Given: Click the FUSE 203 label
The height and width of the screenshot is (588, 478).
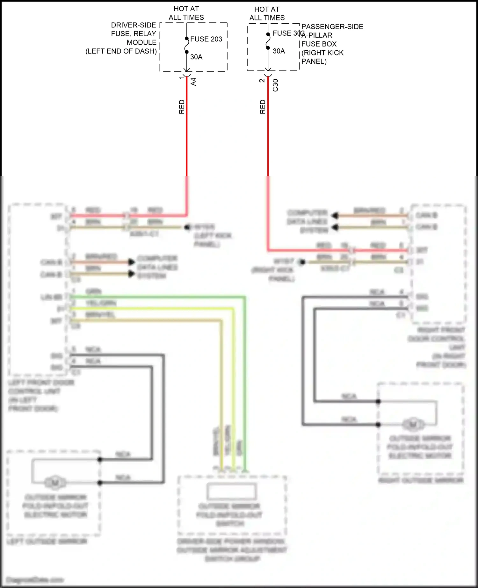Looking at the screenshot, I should (x=206, y=39).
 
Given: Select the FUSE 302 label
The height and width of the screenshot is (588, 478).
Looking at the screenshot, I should (x=288, y=33).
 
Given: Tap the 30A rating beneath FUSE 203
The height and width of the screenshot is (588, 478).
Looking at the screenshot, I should (x=196, y=57).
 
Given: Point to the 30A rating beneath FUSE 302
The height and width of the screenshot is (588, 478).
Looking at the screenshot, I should (x=279, y=51).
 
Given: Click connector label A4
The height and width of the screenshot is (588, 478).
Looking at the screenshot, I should (x=193, y=82).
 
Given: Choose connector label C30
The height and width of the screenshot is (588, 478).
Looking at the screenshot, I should (x=276, y=85).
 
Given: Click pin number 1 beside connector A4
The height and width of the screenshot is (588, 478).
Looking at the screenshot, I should (x=182, y=77).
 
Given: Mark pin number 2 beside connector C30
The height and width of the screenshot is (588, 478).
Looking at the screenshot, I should (x=262, y=81).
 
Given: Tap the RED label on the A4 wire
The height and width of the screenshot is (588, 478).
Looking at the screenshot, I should (x=182, y=107).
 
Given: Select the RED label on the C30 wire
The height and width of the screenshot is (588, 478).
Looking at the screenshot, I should (x=263, y=107).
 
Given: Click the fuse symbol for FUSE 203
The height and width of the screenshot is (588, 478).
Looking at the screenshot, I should (x=187, y=45).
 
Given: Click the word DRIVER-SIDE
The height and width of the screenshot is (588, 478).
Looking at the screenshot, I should (x=134, y=25).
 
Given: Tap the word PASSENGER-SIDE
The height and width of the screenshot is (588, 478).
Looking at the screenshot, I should (x=332, y=27).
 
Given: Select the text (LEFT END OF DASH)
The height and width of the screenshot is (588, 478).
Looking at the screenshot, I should (x=121, y=51).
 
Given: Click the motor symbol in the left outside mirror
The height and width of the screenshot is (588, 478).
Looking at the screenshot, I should (x=55, y=483).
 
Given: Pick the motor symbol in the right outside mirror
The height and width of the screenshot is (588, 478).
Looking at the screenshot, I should (x=413, y=424).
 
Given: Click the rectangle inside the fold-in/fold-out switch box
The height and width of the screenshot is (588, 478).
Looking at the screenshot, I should (x=231, y=491).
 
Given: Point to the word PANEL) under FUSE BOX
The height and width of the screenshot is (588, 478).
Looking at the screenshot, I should (x=314, y=61).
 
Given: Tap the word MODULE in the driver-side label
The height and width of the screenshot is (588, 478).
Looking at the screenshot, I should (x=141, y=43).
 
